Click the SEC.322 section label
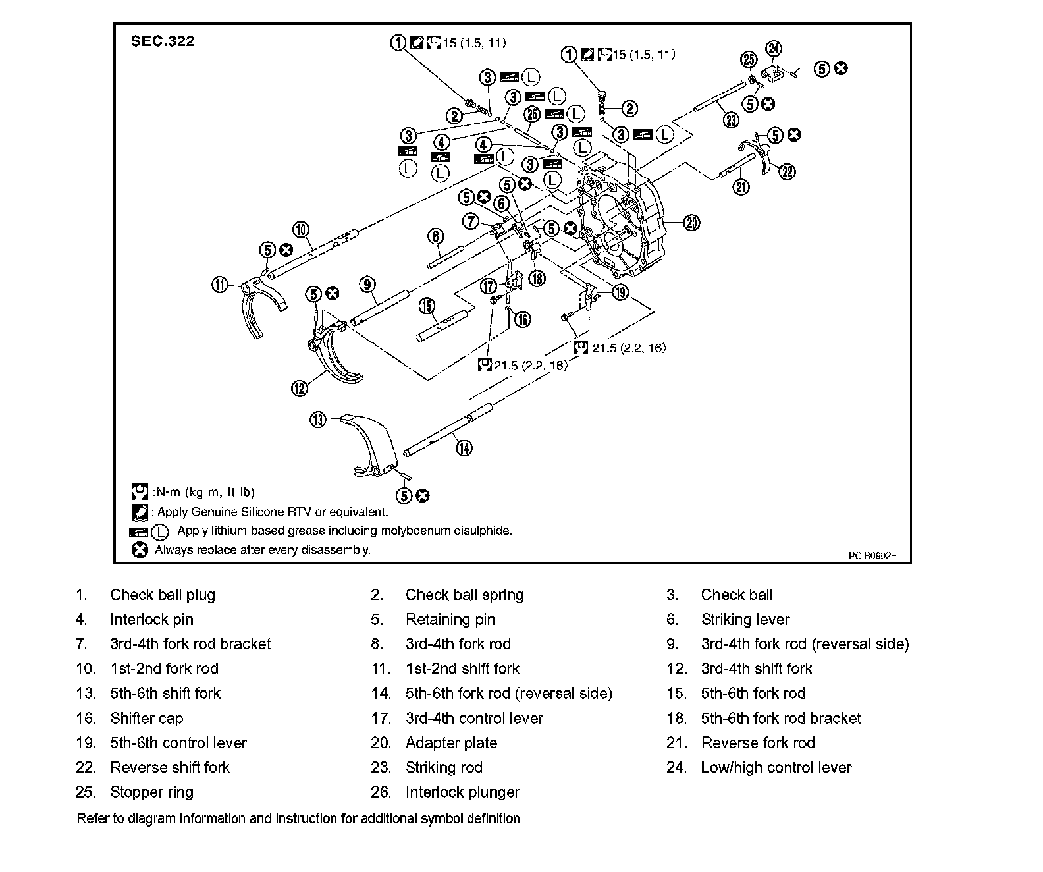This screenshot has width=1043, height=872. (x=162, y=41)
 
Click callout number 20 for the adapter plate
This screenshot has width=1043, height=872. (x=691, y=223)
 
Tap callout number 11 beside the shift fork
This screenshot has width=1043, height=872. (x=219, y=285)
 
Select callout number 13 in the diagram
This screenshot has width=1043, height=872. (x=318, y=420)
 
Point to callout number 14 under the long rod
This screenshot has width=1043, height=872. (x=464, y=448)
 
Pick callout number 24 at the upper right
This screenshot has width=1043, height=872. (x=774, y=49)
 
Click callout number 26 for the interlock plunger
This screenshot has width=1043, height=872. (x=532, y=115)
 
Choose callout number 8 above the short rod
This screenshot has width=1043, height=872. (x=435, y=236)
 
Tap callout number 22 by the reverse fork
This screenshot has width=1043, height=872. (x=788, y=172)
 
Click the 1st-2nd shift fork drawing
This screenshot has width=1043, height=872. (x=260, y=306)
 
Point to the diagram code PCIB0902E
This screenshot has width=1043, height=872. (x=872, y=555)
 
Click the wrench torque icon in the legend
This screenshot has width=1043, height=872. (x=139, y=492)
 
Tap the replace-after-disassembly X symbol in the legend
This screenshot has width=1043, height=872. (x=139, y=549)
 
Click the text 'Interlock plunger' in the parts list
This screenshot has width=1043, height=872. (x=462, y=792)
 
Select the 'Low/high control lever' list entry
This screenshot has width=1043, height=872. (x=776, y=767)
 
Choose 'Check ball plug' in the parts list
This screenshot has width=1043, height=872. (x=162, y=595)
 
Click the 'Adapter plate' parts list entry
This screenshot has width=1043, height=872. (x=451, y=743)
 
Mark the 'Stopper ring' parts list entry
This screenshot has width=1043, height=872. (x=151, y=792)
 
